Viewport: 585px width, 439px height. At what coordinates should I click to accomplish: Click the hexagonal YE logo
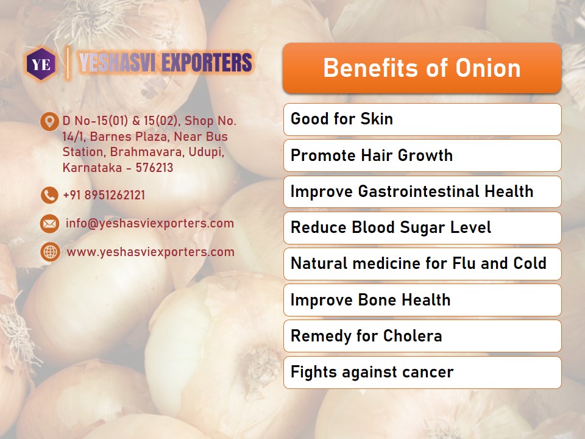(x=41, y=64)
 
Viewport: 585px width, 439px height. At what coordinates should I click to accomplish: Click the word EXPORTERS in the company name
(x=207, y=62)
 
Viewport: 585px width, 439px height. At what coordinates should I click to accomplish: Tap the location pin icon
(x=49, y=122)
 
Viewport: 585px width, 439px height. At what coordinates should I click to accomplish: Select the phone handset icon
(x=49, y=195)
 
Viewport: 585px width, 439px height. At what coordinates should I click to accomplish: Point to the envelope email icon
(x=49, y=224)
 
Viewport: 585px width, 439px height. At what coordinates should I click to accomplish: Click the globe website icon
(x=50, y=252)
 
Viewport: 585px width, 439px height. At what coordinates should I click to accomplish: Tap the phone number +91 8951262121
(x=104, y=195)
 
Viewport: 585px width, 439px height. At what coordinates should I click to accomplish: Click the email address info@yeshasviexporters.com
(x=150, y=224)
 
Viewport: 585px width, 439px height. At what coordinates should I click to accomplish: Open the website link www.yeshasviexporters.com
(x=151, y=252)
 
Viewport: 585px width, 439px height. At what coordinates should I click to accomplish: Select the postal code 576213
(x=154, y=168)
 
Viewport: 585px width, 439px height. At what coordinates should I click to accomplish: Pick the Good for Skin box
(x=422, y=120)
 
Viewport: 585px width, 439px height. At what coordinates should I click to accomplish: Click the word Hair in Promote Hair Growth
(x=376, y=155)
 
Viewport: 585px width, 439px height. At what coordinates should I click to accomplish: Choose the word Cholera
(x=413, y=335)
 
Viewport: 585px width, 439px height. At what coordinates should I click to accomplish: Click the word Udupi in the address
(x=207, y=152)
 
